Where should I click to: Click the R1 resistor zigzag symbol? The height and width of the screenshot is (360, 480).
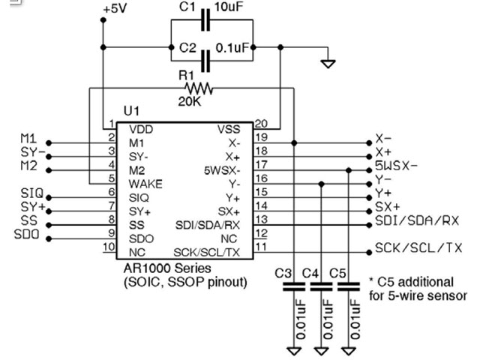(x=199, y=88)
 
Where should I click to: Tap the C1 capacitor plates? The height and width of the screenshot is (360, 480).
(x=205, y=20)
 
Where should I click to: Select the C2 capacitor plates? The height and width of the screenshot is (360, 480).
(x=205, y=61)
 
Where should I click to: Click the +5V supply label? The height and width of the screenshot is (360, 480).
(x=115, y=9)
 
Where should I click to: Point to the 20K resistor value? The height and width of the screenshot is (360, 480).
(x=190, y=101)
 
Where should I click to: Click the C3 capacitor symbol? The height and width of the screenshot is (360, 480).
(x=294, y=286)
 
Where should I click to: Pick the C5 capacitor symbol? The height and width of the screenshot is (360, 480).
(x=349, y=286)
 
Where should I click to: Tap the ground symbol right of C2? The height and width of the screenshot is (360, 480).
(x=328, y=64)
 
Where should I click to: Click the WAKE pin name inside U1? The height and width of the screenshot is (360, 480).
(x=145, y=184)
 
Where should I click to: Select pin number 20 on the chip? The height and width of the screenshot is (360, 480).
(x=261, y=124)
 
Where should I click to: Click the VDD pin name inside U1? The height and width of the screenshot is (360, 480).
(x=141, y=130)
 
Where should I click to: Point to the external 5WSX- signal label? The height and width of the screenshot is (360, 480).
(x=397, y=166)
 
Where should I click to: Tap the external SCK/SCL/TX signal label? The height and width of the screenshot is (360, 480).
(x=418, y=247)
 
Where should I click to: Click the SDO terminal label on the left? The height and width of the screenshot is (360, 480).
(x=27, y=234)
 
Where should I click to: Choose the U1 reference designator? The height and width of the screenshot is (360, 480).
(x=131, y=111)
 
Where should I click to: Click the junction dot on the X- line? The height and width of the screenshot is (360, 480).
(x=294, y=143)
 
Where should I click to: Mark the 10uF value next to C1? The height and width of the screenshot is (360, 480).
(x=229, y=7)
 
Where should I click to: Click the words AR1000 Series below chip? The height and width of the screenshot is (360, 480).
(x=167, y=268)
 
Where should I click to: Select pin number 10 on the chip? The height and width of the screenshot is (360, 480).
(x=109, y=247)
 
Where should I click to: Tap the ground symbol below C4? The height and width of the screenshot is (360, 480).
(x=322, y=351)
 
